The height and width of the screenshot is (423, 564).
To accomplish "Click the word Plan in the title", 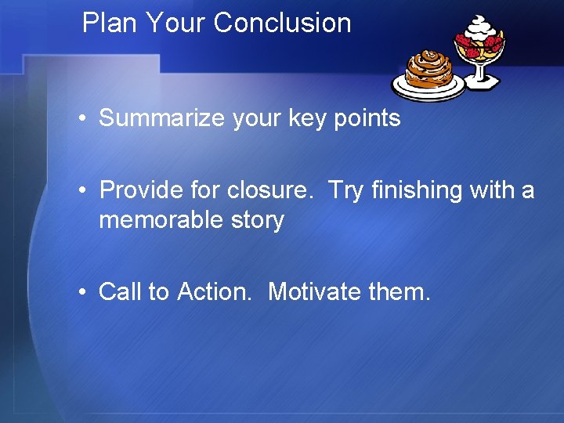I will [x=110, y=23].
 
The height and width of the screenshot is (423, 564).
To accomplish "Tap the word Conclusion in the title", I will [x=282, y=23].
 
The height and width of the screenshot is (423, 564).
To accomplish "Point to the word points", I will [x=368, y=119].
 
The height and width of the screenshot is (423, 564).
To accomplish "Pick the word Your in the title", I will [x=175, y=23].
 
